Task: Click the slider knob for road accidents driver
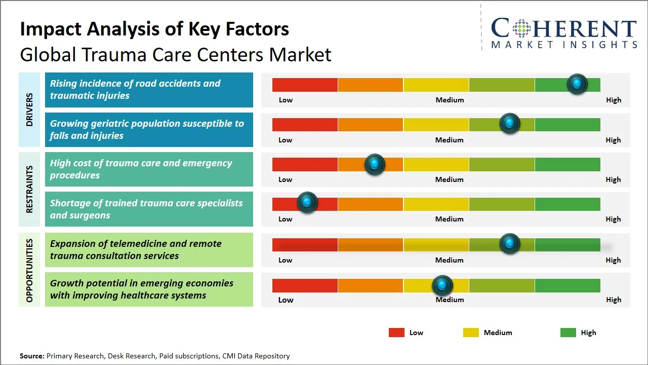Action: pos(577,84)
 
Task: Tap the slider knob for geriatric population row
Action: pos(510,123)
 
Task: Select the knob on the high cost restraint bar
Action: pos(375,164)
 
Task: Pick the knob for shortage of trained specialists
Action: pos(307,202)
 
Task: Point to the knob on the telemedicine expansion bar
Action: pos(510,243)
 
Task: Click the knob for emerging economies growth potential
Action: pos(442,286)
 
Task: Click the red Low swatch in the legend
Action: pos(396,333)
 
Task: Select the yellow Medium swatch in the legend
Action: pos(471,333)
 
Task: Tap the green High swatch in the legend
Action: pos(568,333)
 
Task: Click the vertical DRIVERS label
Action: pos(29,109)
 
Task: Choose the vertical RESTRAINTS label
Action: pos(29,189)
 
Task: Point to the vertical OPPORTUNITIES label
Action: pos(29,270)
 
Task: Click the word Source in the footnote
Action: pos(31,356)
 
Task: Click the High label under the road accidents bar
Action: pos(613,100)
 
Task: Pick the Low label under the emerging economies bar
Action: pos(286,300)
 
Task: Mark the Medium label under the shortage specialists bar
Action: pos(449,219)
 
